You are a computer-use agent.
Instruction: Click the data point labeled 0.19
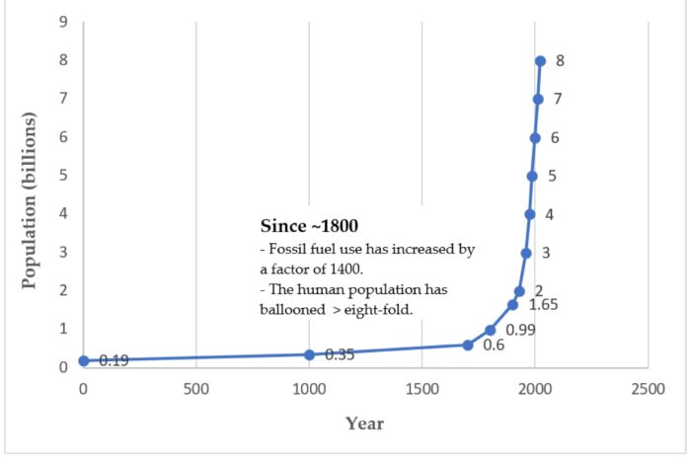(84, 361)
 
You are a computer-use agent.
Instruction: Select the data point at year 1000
(309, 354)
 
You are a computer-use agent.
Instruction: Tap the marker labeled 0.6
(468, 345)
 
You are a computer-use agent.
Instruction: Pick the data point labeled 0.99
(491, 330)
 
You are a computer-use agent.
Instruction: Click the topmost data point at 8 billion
(540, 61)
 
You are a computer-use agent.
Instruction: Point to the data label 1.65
(544, 304)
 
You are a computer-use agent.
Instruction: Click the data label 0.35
(341, 354)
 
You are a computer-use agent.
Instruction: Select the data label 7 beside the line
(558, 99)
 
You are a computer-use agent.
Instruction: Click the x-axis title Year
(364, 423)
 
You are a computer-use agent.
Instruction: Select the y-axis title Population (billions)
(29, 200)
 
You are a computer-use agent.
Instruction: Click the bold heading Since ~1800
(302, 225)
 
